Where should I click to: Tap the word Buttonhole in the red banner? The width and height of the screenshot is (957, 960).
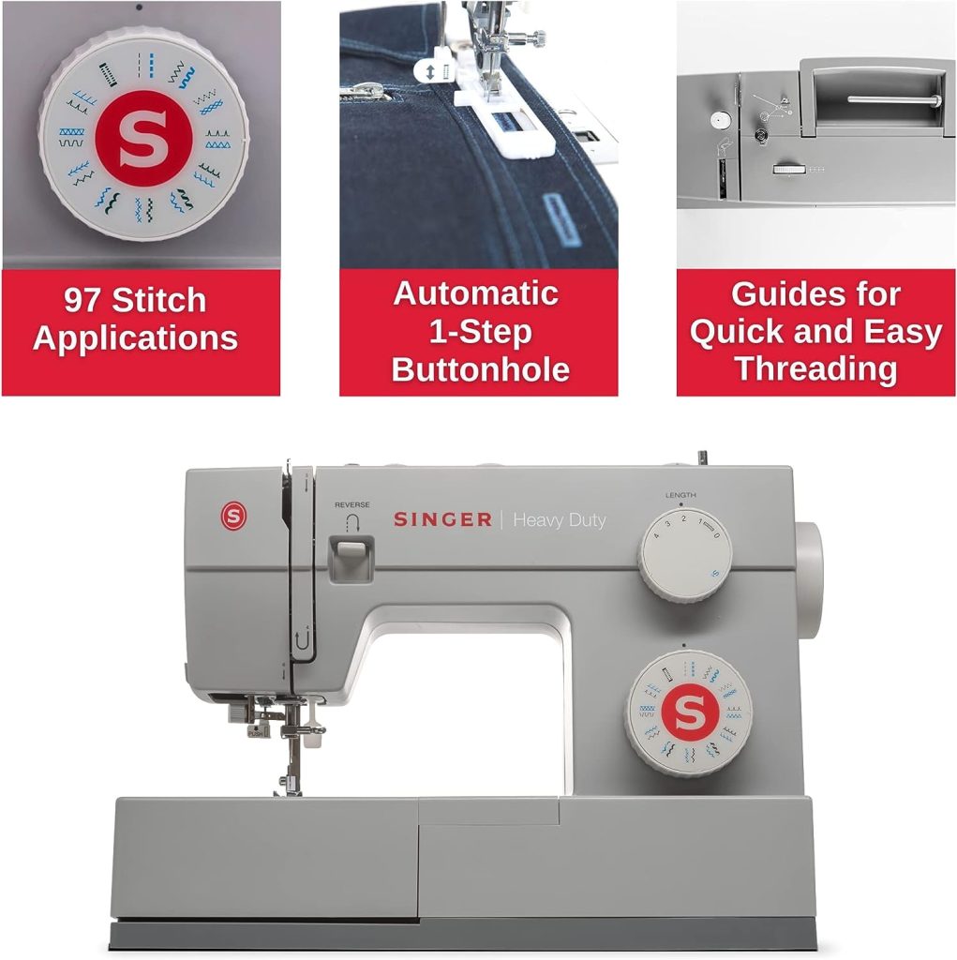point(480,369)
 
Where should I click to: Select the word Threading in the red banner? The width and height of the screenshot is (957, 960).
point(815,369)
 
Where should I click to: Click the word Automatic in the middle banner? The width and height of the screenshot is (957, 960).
point(475,293)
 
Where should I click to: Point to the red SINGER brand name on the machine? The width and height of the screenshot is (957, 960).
point(442,519)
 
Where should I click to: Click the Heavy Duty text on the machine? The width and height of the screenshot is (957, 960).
point(560,520)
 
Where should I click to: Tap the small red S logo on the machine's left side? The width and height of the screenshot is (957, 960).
point(232,516)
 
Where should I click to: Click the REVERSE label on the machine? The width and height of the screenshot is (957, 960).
point(351,504)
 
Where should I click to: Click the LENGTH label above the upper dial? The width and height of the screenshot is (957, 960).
point(680,495)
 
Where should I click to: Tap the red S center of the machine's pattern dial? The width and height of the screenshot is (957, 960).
point(689,713)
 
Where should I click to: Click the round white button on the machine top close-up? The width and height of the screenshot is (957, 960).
point(719,119)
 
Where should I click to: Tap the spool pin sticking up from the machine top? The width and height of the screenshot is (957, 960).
point(700,457)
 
